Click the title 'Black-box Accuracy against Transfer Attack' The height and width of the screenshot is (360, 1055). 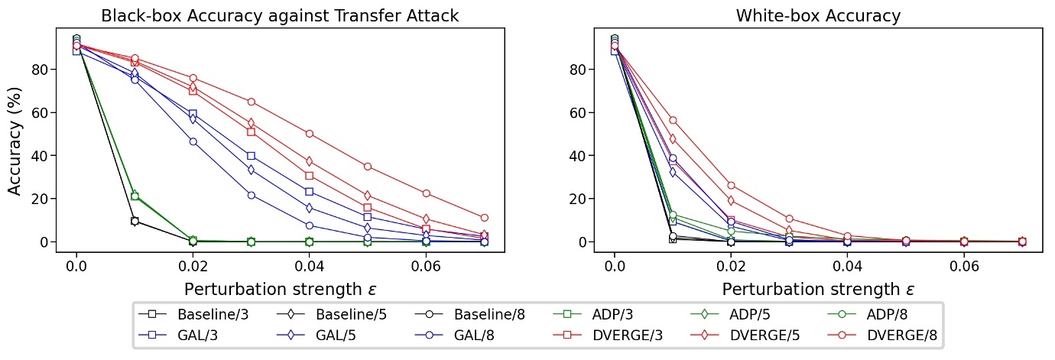click(x=280, y=16)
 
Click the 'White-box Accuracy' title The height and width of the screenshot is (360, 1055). click(x=818, y=16)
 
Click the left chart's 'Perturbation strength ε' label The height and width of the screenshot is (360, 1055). click(x=280, y=290)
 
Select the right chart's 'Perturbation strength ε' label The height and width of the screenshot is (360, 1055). click(x=818, y=290)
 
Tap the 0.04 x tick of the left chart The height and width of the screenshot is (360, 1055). click(x=310, y=265)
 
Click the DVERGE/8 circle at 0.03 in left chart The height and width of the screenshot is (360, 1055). click(x=252, y=102)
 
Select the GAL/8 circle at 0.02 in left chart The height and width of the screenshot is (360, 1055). click(x=193, y=141)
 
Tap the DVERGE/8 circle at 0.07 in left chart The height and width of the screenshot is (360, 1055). click(x=485, y=218)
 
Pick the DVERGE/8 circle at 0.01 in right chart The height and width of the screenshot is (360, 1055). click(x=674, y=120)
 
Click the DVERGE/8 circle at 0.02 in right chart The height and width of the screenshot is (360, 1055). click(x=732, y=185)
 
